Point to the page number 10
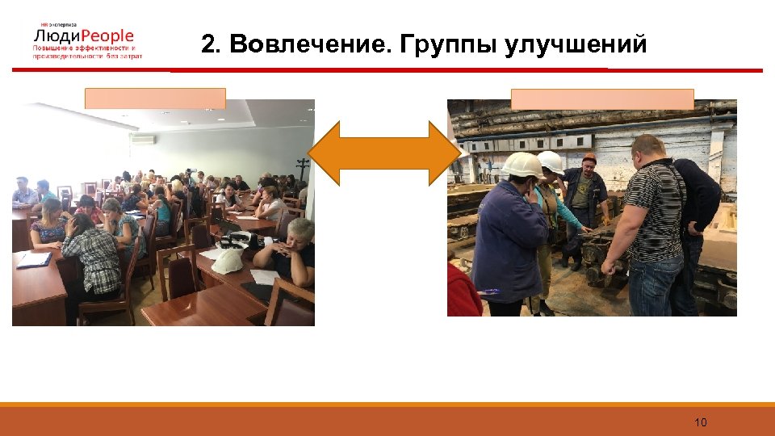[x=700, y=422]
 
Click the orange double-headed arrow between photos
[x=382, y=153]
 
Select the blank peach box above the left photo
[x=155, y=99]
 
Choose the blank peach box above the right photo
[x=602, y=99]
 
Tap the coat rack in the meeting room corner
[x=302, y=170]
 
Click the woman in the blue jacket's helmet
[x=522, y=165]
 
